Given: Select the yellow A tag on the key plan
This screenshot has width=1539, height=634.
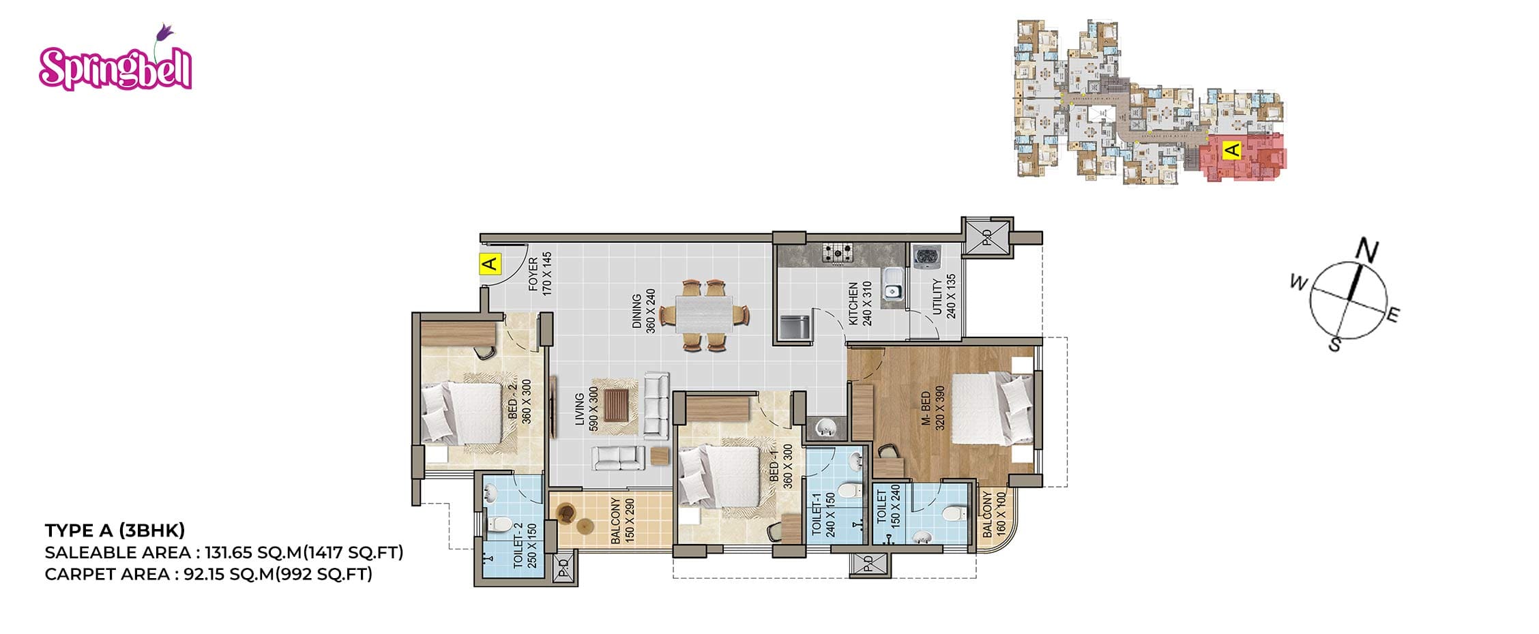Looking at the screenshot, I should point(1232,149).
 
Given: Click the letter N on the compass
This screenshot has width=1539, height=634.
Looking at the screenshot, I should point(1366,250).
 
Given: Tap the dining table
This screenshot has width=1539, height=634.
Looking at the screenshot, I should point(704,314).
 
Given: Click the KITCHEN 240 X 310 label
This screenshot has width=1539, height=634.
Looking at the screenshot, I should point(860,303).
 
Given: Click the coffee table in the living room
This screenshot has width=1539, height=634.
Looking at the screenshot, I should point(616,406).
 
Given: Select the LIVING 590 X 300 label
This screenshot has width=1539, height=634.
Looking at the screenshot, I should point(586,409).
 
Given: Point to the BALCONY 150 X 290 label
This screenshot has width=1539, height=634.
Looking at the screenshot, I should point(622,520).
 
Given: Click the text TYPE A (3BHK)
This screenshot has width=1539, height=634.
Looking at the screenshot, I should point(115,530).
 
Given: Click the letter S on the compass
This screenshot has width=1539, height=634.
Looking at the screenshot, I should point(1334,345).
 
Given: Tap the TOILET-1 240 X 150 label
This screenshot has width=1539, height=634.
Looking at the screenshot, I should point(823,515).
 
